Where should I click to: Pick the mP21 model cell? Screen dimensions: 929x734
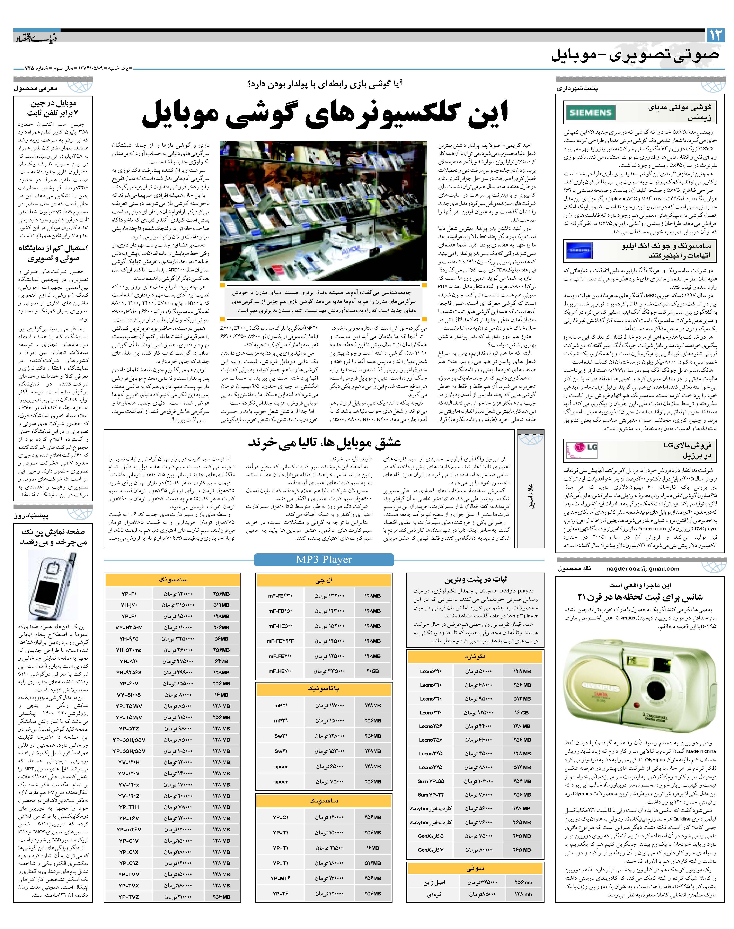click(281, 705)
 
